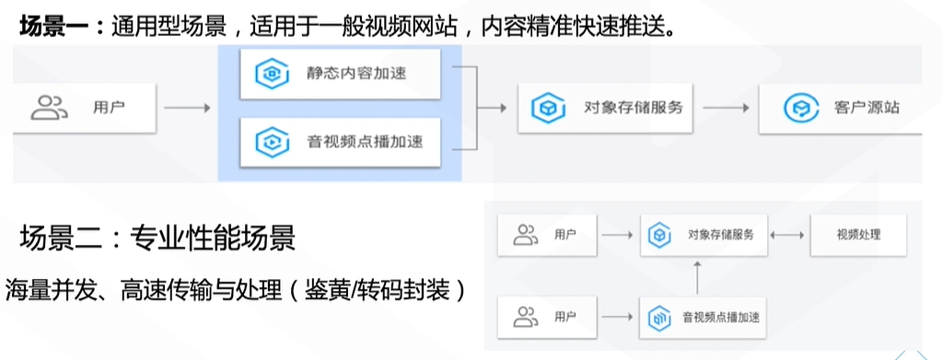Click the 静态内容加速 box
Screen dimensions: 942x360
(340, 74)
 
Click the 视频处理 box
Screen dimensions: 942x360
(858, 235)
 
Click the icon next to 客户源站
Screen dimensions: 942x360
(796, 109)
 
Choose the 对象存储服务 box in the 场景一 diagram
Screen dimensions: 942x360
(604, 108)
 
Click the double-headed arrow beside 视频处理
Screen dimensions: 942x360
(786, 235)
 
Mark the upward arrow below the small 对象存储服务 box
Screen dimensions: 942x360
(697, 273)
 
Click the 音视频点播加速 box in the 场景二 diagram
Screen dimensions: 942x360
(706, 319)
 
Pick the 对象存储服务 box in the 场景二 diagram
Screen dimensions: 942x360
(706, 235)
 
